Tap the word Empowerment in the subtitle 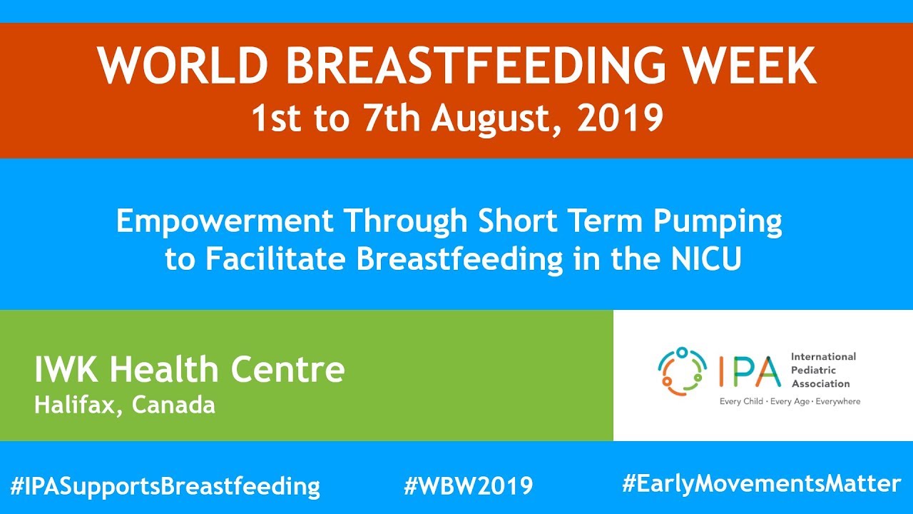coord(225,222)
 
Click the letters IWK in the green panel coord(68,370)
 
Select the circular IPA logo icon coord(682,371)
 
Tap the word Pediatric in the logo coord(815,370)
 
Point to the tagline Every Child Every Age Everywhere coord(790,401)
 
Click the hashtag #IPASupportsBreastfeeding coord(165,486)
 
